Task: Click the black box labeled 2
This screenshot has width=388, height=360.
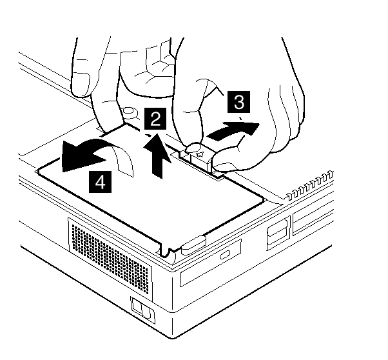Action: click(x=155, y=119)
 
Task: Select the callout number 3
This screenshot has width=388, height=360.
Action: click(x=238, y=101)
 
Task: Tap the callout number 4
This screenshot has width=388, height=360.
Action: click(x=100, y=181)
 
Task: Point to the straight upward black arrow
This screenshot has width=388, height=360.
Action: click(x=157, y=155)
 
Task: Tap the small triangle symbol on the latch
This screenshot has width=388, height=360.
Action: click(x=200, y=155)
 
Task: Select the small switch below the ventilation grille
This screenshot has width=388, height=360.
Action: click(x=143, y=310)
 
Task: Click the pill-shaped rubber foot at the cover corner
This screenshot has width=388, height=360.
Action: click(x=194, y=245)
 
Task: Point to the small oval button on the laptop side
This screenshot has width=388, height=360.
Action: click(x=225, y=254)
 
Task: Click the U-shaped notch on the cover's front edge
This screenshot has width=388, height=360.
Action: click(x=165, y=250)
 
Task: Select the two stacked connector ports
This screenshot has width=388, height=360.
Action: click(x=278, y=232)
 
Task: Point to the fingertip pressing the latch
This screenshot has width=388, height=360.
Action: click(x=195, y=148)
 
